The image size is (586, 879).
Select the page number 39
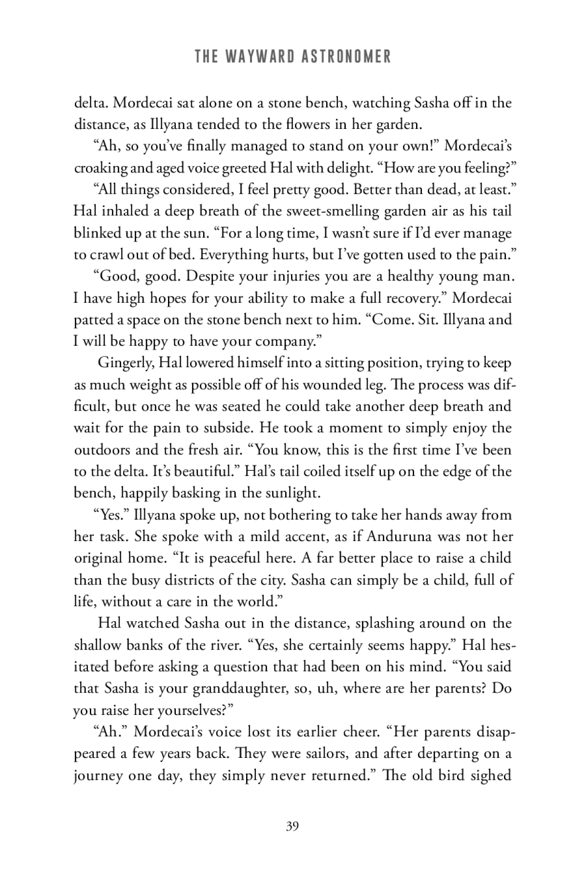[293, 826]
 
